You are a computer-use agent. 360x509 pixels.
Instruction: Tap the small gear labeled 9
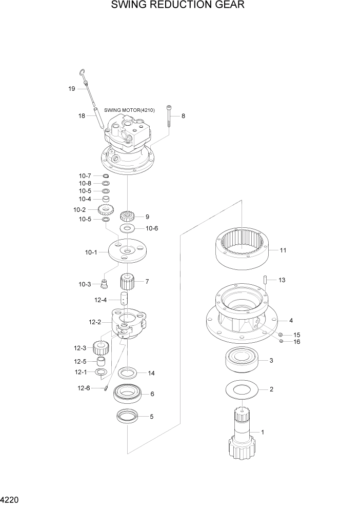point(127,216)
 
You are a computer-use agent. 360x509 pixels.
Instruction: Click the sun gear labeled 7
point(127,282)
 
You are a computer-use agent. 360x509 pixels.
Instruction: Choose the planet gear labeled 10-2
point(105,210)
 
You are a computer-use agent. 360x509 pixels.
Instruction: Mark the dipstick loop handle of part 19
point(82,72)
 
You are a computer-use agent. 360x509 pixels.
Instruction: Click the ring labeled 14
point(127,371)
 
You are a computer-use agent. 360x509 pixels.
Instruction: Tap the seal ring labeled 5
point(127,416)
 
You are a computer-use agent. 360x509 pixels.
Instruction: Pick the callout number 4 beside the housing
point(291,321)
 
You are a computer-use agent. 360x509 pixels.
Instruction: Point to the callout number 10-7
point(85,176)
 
